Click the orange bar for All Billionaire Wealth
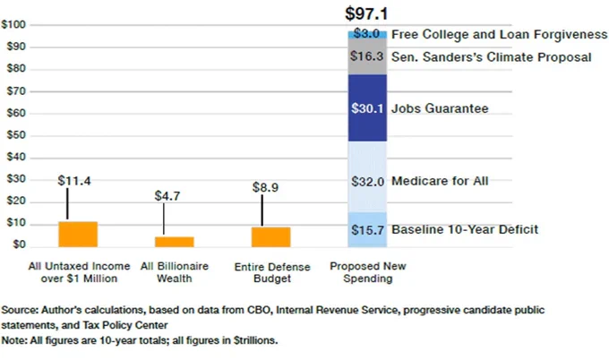[x=175, y=242]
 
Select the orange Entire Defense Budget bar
[x=271, y=237]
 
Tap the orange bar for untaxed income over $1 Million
[x=78, y=234]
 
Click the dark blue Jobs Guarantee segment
[x=367, y=108]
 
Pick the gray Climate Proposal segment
[x=367, y=56]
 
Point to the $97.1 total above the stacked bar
[x=366, y=14]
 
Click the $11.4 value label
[x=74, y=181]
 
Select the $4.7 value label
[x=167, y=196]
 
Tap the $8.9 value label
[x=265, y=187]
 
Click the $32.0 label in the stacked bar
[x=367, y=182]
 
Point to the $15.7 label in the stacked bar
[x=367, y=230]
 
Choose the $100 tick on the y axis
[x=13, y=25]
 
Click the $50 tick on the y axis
[x=16, y=135]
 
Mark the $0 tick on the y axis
[x=19, y=244]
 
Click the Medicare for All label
[x=440, y=181]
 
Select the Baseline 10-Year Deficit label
[x=465, y=229]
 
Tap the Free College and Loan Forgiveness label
[x=500, y=35]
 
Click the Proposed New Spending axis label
[x=368, y=272]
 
